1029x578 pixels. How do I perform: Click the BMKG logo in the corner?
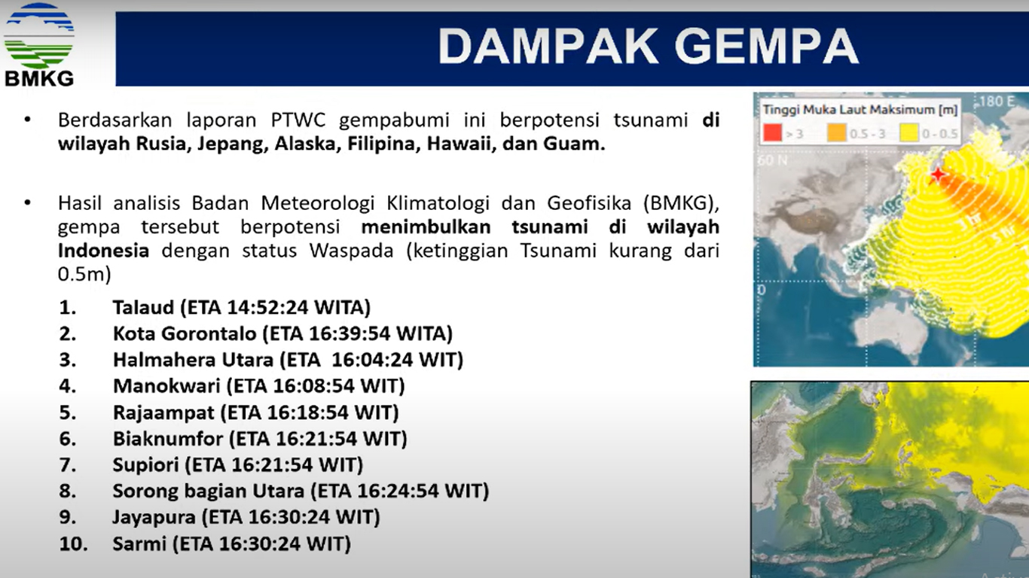38,44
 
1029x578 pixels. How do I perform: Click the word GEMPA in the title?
767,47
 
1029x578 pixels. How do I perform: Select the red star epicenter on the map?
938,175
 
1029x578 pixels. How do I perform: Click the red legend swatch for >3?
772,133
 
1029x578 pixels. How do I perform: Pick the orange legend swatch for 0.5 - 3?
836,133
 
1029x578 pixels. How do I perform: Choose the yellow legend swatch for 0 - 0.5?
908,133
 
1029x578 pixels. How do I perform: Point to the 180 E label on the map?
997,101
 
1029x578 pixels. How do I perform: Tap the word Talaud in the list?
143,307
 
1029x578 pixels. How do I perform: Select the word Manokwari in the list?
166,385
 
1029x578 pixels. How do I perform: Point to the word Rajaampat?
163,412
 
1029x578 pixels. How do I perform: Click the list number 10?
73,543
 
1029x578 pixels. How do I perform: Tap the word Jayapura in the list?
154,517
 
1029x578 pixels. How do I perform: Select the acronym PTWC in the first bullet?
298,120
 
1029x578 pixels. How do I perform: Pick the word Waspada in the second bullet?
352,251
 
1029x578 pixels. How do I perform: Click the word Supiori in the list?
145,464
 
